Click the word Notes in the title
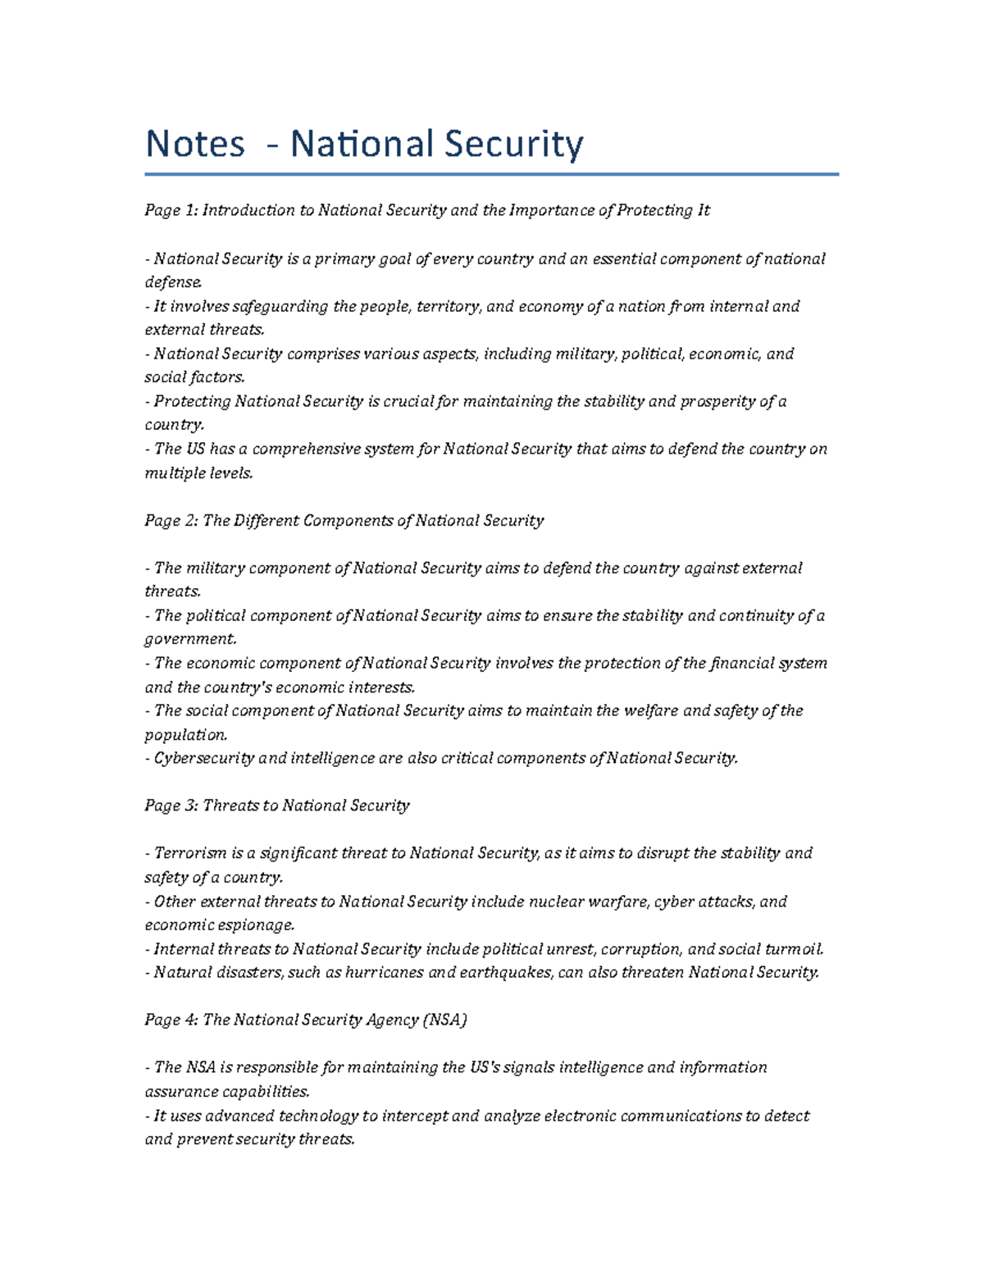point(195,144)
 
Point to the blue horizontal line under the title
point(491,174)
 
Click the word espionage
point(255,925)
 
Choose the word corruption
point(640,949)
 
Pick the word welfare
point(650,711)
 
